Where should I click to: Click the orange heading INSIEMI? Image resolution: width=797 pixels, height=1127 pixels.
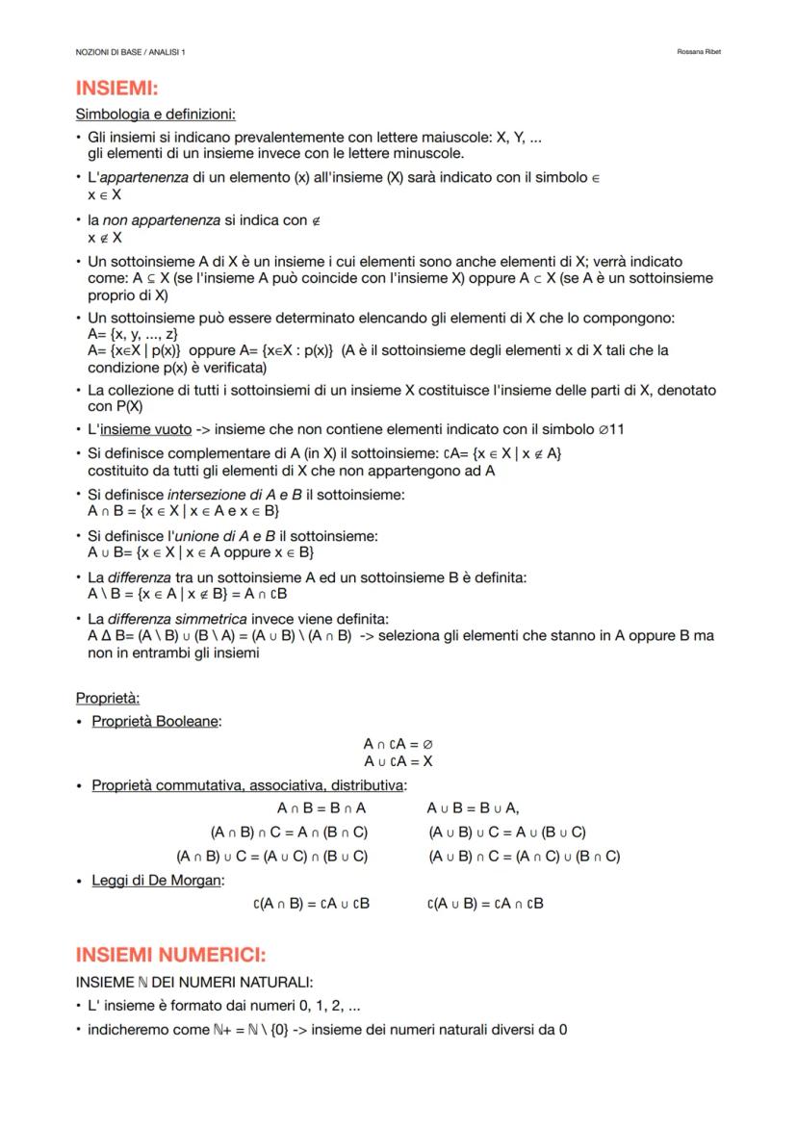[x=116, y=90]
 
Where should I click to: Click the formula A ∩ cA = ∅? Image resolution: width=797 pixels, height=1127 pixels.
[x=398, y=744]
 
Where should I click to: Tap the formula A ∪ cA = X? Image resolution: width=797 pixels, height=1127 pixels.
[x=398, y=760]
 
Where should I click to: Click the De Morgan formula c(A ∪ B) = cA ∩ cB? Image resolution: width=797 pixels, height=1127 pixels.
[x=485, y=903]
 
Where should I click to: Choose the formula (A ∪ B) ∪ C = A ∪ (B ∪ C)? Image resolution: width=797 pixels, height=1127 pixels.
[x=506, y=832]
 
